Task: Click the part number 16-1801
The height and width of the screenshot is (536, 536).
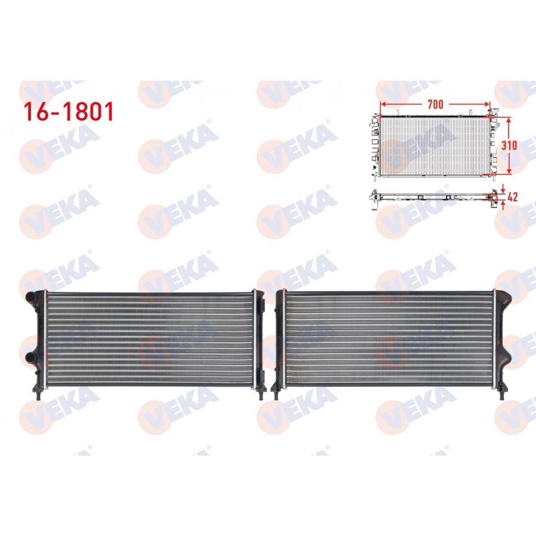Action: pyautogui.click(x=67, y=111)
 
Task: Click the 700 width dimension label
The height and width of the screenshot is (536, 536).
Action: pyautogui.click(x=435, y=104)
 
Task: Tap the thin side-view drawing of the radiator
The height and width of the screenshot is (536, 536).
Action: pyautogui.click(x=432, y=195)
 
